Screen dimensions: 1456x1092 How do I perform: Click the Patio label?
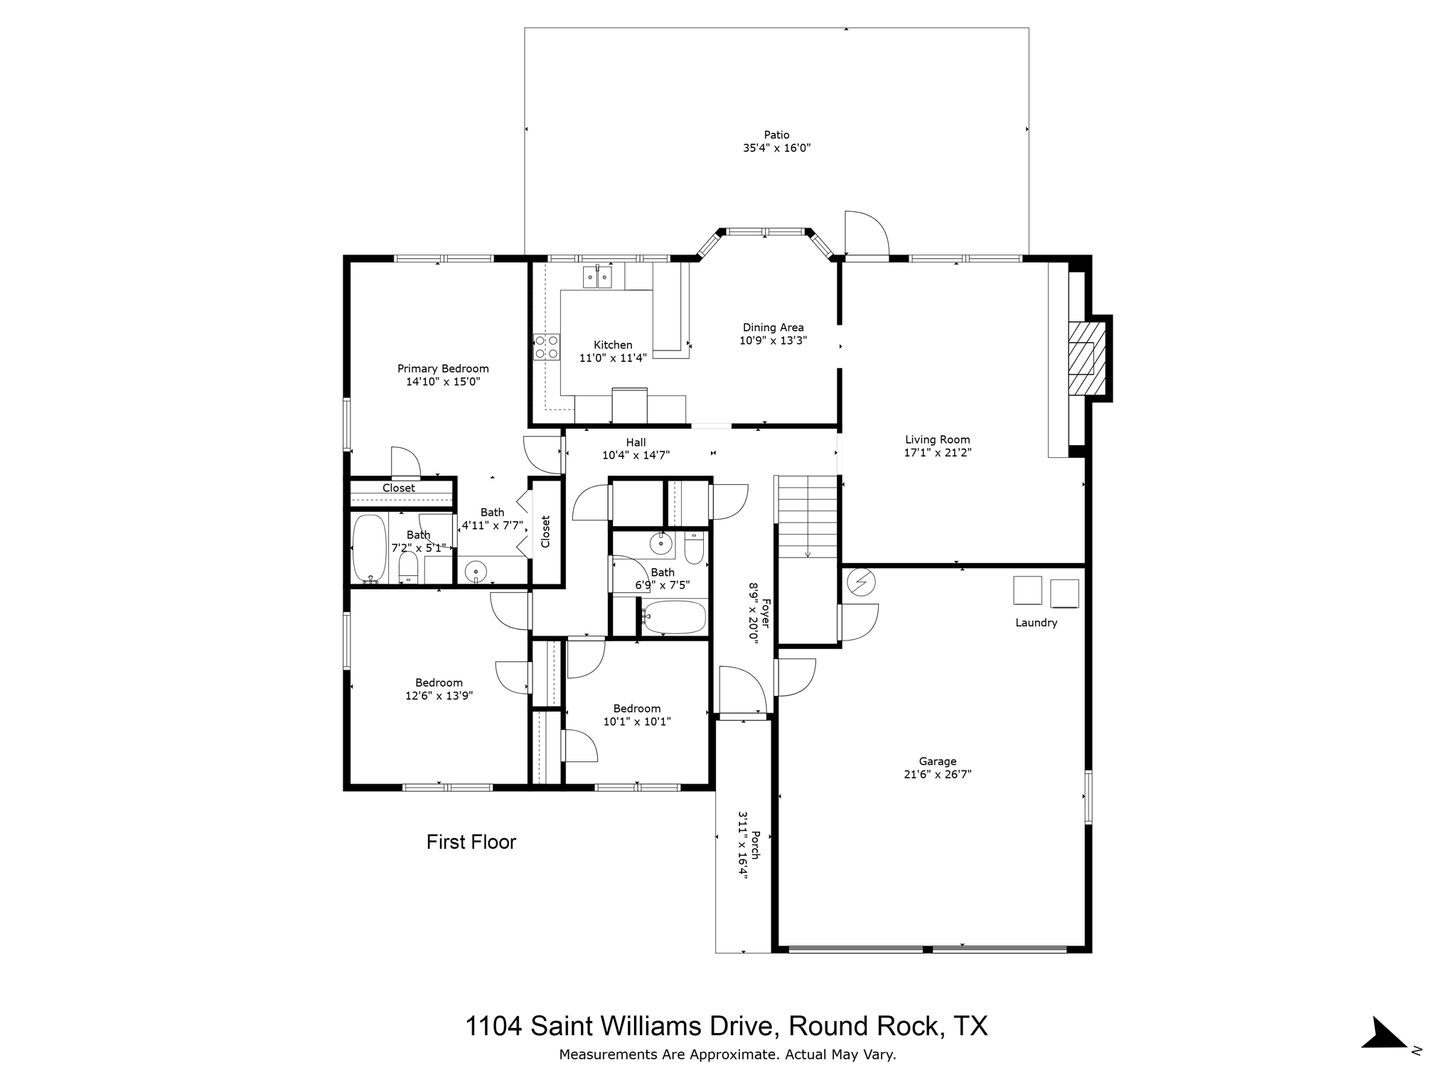point(776,134)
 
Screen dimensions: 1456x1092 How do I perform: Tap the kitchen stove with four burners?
point(547,347)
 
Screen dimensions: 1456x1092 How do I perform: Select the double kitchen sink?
point(597,276)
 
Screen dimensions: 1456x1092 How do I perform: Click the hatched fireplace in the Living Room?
point(1088,358)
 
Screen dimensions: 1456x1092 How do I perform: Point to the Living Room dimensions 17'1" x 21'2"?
point(937,452)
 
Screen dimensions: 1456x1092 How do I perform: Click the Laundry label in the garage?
point(1036,623)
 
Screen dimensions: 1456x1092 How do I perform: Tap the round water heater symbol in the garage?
point(861,583)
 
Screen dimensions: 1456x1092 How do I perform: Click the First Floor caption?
point(471,842)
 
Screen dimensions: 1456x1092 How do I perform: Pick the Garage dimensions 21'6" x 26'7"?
point(937,774)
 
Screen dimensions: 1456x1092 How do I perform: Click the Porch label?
point(756,845)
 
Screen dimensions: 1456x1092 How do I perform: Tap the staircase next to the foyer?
point(808,517)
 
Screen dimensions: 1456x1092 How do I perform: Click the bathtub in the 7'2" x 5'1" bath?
point(370,548)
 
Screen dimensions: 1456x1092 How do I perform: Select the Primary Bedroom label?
point(443,368)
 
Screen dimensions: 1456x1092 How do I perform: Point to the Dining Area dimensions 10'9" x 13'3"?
point(773,341)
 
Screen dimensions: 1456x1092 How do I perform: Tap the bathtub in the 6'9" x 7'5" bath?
point(674,617)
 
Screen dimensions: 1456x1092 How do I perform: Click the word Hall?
point(636,442)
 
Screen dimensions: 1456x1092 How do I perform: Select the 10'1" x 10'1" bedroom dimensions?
point(637,722)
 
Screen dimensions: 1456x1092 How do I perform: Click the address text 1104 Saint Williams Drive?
point(618,1026)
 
